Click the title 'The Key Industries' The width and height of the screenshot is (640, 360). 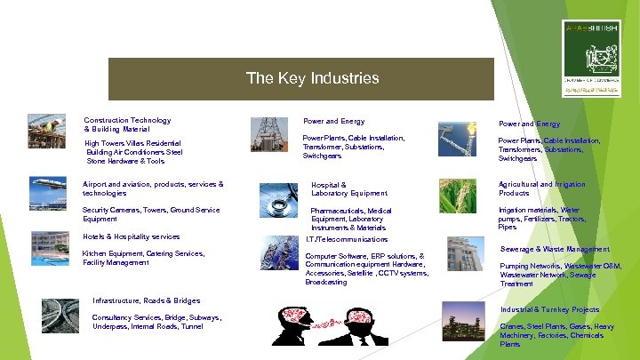[312, 78]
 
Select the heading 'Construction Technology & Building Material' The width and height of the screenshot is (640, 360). [126, 124]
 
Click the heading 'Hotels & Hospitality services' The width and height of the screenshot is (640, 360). [131, 236]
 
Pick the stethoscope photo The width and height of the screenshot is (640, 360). [278, 201]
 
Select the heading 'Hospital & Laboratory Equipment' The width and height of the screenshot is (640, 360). [348, 188]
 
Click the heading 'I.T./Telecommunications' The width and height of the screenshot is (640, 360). [346, 239]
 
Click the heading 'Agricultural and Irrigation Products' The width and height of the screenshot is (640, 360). [541, 188]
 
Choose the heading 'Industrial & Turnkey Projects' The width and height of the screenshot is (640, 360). [549, 309]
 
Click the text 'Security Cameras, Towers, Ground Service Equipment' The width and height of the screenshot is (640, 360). [151, 213]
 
